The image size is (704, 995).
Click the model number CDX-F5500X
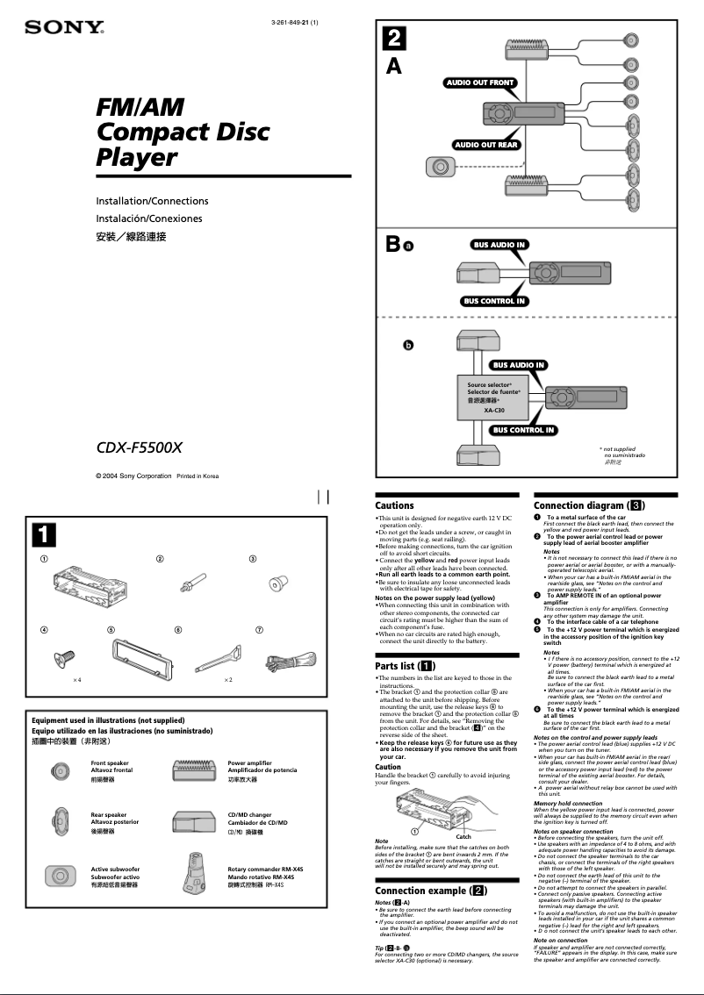pos(139,447)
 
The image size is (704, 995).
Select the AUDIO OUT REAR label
pos(485,145)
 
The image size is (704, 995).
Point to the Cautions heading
pos(394,505)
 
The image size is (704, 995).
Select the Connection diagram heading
pos(589,505)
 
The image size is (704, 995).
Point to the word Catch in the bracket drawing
pos(463,836)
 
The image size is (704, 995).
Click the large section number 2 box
pos(394,39)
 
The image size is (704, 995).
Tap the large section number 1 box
pos(45,533)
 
